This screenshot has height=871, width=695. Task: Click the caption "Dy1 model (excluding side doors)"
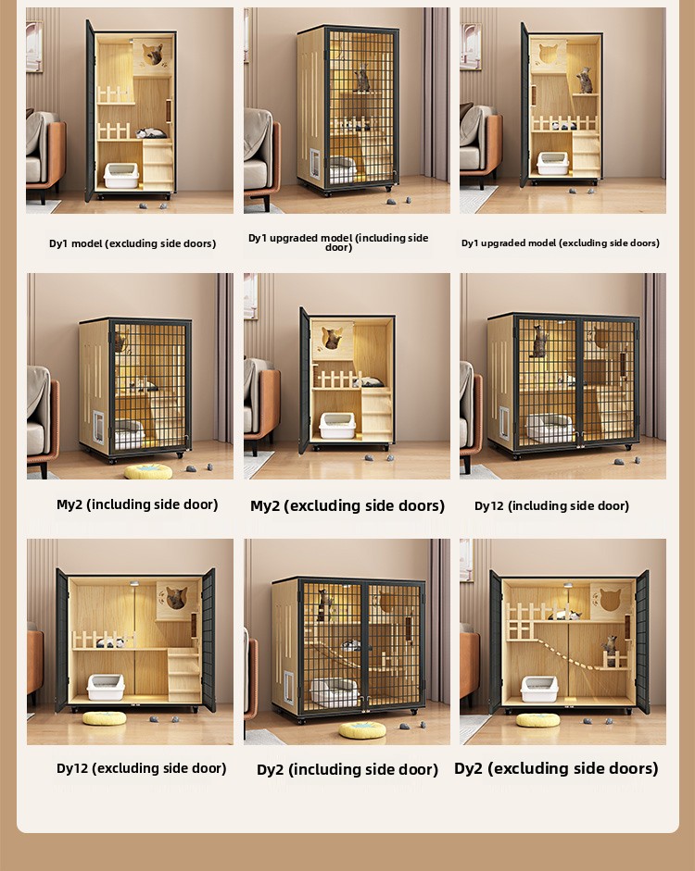click(x=133, y=243)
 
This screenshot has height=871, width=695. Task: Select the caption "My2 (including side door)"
click(x=137, y=504)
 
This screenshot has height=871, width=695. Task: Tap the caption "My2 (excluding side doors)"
click(x=347, y=505)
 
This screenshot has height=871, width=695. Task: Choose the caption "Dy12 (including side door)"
click(x=551, y=505)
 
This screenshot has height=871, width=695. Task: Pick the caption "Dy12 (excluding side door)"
click(x=141, y=768)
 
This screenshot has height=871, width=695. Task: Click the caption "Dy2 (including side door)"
click(x=347, y=769)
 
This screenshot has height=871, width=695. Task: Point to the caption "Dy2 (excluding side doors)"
click(x=556, y=768)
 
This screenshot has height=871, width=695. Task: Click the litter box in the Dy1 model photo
click(x=121, y=176)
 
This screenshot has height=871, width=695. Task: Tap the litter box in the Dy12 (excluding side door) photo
click(x=106, y=687)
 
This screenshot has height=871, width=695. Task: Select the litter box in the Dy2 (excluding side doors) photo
click(x=539, y=689)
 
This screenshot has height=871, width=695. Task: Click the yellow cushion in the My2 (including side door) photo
click(x=148, y=472)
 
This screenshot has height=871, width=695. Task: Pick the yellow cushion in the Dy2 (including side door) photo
click(x=362, y=730)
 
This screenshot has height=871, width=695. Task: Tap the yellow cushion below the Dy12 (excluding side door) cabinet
click(x=105, y=718)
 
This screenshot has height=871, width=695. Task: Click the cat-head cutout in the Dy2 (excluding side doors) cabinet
click(x=610, y=600)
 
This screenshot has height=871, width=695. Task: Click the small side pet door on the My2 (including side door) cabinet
click(x=98, y=427)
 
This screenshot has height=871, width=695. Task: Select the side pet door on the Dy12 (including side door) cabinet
click(x=504, y=423)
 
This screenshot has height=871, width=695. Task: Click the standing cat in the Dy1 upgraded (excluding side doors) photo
click(x=584, y=81)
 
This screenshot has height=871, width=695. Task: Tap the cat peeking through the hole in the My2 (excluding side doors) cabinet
click(x=332, y=338)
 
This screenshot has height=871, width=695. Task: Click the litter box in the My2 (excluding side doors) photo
click(x=337, y=426)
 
